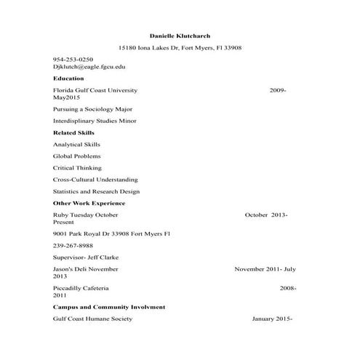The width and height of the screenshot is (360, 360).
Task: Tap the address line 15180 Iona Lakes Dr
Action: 180,47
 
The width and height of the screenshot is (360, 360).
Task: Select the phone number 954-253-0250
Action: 73,59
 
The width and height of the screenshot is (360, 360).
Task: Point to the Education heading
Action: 68,79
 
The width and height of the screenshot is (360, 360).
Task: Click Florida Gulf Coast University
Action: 95,90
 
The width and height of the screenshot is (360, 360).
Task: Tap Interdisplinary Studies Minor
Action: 95,121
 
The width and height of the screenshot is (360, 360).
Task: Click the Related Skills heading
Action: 73,133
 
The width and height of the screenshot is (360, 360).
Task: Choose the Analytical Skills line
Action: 76,145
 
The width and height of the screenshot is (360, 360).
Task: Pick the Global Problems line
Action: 76,156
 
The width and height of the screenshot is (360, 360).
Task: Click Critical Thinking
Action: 77,168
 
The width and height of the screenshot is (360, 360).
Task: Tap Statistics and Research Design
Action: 96,191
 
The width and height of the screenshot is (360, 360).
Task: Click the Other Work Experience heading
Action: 89,203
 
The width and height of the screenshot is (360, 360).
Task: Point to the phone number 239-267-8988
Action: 73,246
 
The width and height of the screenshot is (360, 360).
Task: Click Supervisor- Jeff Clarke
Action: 87,257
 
